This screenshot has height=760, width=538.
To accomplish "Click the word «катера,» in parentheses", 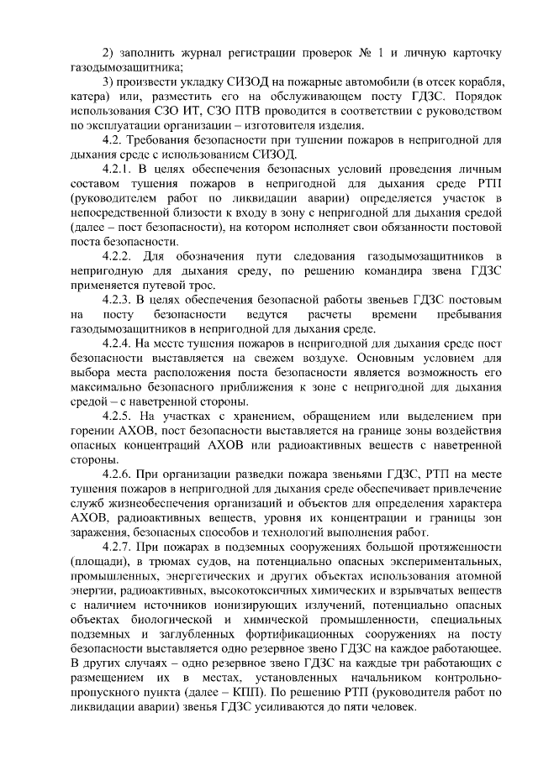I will tap(90, 98).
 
